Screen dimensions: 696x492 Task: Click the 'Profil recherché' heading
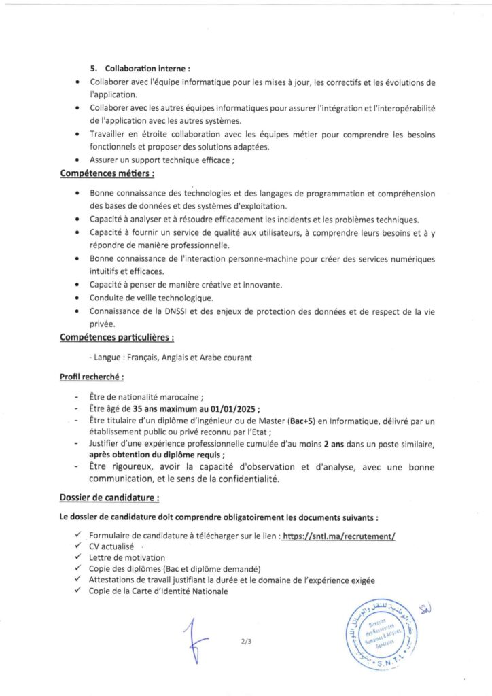(x=92, y=376)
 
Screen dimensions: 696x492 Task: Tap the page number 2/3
(x=245, y=640)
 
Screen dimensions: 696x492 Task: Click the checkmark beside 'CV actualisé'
(x=80, y=546)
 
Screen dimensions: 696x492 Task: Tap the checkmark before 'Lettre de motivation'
(x=80, y=557)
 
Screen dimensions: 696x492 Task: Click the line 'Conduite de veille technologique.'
(x=152, y=298)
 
